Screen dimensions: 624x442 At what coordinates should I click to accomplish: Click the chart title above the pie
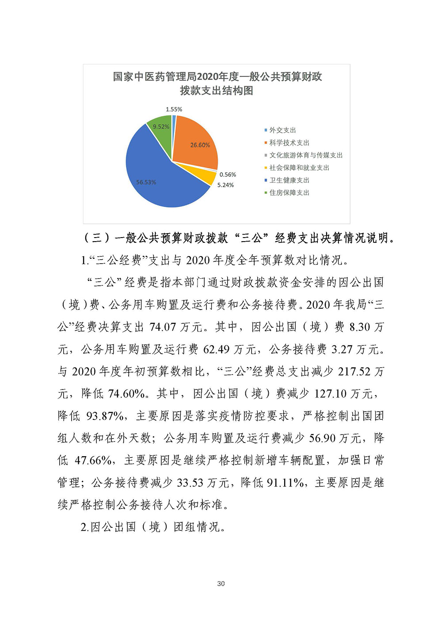coord(217,83)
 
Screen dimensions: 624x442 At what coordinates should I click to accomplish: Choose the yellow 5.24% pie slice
coord(207,177)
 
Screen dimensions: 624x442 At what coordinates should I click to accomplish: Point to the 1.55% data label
coord(174,109)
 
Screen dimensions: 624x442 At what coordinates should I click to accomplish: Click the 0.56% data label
coord(228,174)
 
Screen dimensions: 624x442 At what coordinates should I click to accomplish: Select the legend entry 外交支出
coord(282,130)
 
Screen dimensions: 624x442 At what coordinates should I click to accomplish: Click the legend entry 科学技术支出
coord(289,143)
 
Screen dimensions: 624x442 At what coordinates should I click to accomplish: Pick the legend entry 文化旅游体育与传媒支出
coord(306,155)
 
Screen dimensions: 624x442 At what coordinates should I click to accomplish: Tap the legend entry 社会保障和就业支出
coord(299,168)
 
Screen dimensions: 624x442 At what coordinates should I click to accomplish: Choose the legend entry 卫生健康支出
coord(289,180)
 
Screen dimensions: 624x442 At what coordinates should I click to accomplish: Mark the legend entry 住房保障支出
coord(289,193)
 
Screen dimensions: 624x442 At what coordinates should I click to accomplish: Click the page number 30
coord(221,583)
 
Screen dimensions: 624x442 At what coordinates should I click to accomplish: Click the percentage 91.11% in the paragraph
coord(285,483)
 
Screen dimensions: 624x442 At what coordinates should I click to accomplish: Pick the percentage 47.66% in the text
coord(93,461)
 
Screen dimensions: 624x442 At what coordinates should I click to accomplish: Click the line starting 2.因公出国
coord(153,527)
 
